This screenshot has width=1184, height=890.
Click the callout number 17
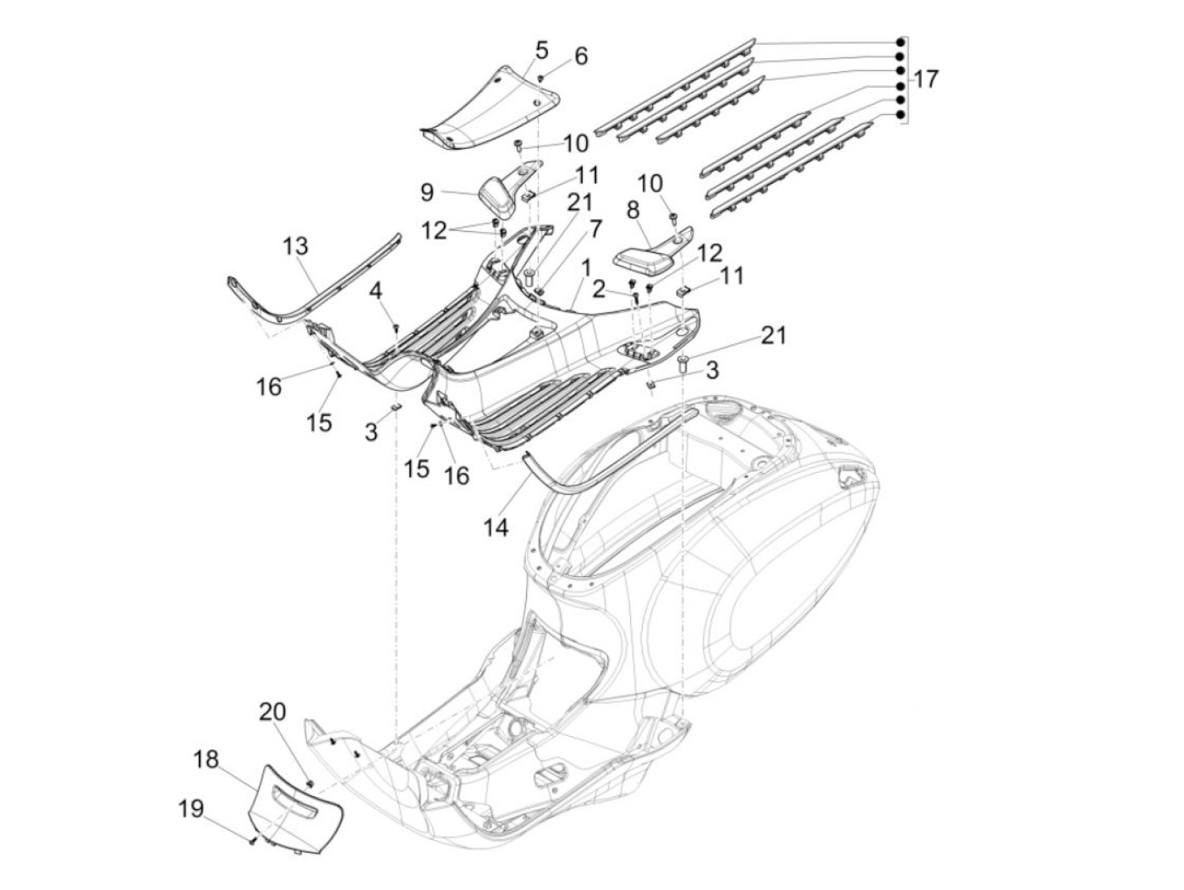(925, 80)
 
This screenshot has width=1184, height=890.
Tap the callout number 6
(580, 56)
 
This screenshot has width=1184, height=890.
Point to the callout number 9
(427, 193)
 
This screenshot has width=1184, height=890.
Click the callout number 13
(296, 246)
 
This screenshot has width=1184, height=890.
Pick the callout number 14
(496, 527)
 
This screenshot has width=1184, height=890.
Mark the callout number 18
(206, 759)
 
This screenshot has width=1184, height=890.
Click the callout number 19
(191, 809)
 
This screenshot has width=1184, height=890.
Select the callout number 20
(272, 711)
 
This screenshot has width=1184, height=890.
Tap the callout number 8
(633, 211)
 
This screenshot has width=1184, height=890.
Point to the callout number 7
(595, 228)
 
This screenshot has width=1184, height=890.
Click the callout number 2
(598, 289)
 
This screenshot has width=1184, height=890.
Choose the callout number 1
(586, 267)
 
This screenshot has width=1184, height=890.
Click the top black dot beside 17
(901, 42)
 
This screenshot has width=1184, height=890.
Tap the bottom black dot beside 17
(901, 114)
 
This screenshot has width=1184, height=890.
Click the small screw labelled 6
(540, 80)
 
